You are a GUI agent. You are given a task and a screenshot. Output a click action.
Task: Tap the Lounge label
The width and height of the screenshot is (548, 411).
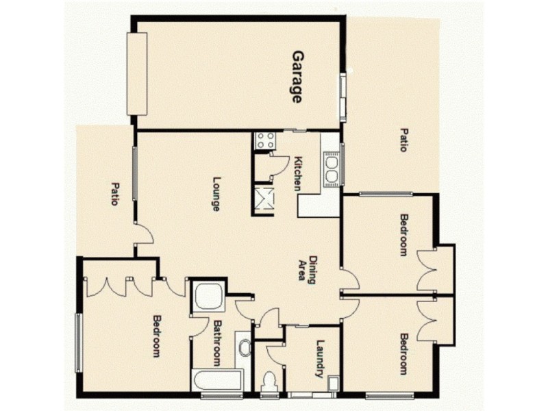pos(216,194)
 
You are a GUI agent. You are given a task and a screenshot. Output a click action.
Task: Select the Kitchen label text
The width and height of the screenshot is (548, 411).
pos(299,174)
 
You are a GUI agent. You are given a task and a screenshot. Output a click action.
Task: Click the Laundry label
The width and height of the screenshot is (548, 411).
pos(319,360)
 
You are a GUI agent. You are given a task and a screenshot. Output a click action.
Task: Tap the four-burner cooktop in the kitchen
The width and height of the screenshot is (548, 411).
pos(264,141)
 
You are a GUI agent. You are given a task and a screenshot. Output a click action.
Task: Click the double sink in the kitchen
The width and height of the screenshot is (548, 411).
pos(332,169)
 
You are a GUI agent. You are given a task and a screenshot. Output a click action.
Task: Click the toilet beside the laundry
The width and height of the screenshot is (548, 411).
pos(269,380)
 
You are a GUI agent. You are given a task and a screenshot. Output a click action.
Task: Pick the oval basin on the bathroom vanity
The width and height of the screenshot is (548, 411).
pos(245,348)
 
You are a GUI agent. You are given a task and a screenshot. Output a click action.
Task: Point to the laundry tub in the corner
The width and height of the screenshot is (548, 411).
pos(333,383)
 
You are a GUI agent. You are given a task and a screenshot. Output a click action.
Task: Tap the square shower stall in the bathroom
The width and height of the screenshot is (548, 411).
pos(206,297)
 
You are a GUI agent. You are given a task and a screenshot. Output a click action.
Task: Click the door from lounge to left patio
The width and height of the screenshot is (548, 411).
pos(142,234)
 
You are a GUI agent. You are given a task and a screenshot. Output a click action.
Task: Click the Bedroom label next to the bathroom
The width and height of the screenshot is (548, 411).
pos(156,336)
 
